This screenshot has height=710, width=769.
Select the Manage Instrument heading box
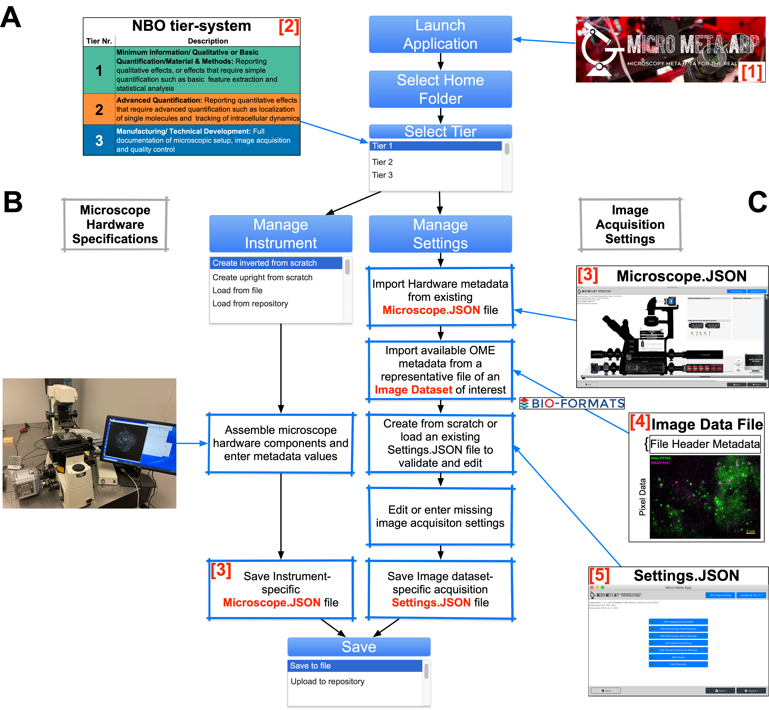click(281, 234)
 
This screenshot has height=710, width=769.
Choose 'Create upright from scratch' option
click(262, 277)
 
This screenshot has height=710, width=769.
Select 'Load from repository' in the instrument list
click(250, 304)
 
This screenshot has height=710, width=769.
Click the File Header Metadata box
click(704, 444)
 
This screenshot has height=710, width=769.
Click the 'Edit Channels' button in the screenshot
click(678, 664)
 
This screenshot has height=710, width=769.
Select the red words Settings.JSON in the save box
click(431, 602)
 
